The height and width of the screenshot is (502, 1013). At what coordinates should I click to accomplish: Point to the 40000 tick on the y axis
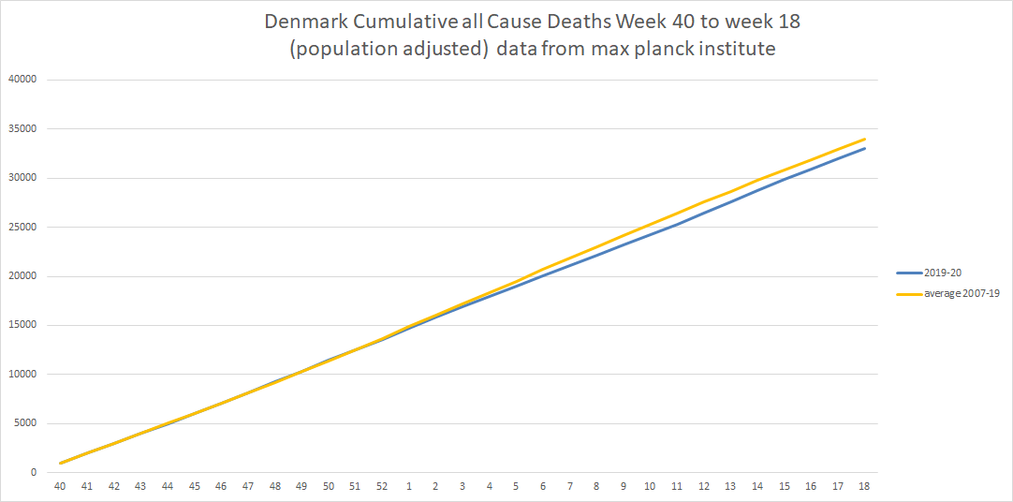(22, 80)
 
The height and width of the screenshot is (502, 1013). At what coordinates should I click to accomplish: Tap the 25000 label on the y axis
(22, 227)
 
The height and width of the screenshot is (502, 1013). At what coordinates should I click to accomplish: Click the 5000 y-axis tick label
(24, 423)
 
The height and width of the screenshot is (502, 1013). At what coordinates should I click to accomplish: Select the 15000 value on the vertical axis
(22, 325)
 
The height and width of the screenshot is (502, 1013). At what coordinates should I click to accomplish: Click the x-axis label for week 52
(381, 486)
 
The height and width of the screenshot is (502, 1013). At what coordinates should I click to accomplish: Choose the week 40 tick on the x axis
(61, 486)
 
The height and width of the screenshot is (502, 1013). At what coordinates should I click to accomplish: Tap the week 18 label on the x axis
(863, 486)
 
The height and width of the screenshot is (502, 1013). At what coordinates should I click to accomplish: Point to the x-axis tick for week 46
(221, 486)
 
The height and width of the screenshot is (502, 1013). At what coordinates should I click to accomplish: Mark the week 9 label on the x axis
(623, 486)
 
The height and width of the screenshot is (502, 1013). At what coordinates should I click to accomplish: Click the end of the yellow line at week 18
(863, 139)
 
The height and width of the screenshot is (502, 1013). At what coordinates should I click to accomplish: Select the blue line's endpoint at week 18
(863, 148)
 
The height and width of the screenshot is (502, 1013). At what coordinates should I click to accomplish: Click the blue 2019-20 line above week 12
(703, 212)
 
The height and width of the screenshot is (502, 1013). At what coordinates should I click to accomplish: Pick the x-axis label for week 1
(408, 486)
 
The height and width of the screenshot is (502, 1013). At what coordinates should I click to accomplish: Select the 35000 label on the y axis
(22, 128)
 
